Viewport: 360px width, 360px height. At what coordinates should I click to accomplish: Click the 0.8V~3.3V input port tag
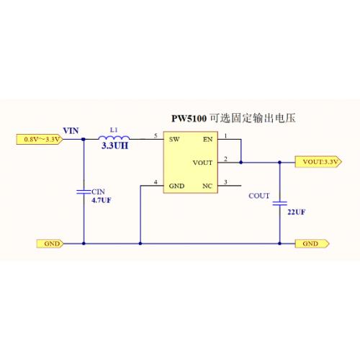(x=40, y=139)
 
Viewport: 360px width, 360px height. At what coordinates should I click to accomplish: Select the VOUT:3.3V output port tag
(x=318, y=162)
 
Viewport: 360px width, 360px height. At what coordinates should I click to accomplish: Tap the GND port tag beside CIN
(x=50, y=243)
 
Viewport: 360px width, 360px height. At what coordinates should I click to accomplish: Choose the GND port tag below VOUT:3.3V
(x=312, y=243)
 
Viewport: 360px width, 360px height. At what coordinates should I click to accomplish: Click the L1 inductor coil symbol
(x=114, y=138)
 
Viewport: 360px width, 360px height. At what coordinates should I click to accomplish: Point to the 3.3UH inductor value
(x=114, y=145)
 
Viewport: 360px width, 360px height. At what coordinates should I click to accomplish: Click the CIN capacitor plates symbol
(x=84, y=192)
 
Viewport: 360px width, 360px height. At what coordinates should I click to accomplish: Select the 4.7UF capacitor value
(x=102, y=200)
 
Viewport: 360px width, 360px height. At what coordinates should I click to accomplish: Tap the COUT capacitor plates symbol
(x=280, y=204)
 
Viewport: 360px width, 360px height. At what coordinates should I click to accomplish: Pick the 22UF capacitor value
(x=297, y=212)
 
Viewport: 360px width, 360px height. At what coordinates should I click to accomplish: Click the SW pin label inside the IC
(x=174, y=140)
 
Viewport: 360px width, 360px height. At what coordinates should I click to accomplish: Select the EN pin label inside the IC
(x=208, y=140)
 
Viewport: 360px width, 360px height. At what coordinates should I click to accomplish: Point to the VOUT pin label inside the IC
(x=202, y=163)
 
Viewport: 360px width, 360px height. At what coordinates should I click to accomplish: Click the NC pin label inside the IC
(x=207, y=186)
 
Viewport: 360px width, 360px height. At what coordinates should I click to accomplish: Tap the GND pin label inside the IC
(x=176, y=186)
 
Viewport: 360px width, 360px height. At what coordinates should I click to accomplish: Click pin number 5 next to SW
(x=156, y=136)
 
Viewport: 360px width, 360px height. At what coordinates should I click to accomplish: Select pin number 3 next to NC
(x=225, y=182)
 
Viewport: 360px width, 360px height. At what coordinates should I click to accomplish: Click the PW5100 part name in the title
(x=189, y=119)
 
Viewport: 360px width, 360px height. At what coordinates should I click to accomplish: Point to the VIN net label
(x=71, y=131)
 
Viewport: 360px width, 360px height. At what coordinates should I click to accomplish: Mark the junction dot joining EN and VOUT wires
(x=241, y=163)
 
